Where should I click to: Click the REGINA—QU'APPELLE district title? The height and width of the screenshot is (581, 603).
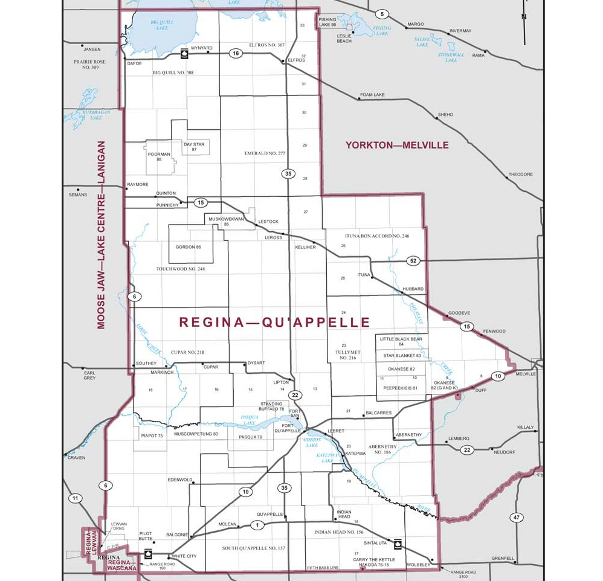(x=274, y=323)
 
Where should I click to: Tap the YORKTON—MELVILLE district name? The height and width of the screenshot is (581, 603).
(x=397, y=145)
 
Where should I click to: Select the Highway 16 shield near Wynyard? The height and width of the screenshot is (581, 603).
(x=235, y=54)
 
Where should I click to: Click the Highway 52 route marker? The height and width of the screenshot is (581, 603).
(x=413, y=261)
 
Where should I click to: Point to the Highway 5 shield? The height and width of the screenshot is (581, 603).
(x=381, y=14)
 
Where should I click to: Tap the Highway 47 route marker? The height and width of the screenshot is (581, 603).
(x=515, y=517)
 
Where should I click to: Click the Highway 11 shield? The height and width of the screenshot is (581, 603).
(x=74, y=498)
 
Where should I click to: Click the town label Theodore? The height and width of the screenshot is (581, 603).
(x=520, y=175)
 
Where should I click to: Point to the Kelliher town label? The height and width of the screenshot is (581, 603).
(x=306, y=247)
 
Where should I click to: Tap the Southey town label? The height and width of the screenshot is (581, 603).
(x=146, y=363)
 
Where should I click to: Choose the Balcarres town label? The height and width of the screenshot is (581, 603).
(x=378, y=413)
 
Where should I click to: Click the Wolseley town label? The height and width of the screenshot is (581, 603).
(x=418, y=565)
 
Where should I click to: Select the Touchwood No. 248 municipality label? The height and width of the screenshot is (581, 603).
(x=180, y=269)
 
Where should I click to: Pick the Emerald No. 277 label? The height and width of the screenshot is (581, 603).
(x=265, y=153)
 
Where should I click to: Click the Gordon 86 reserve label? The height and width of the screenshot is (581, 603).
(x=188, y=247)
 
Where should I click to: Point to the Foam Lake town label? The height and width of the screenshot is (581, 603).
(x=372, y=95)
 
